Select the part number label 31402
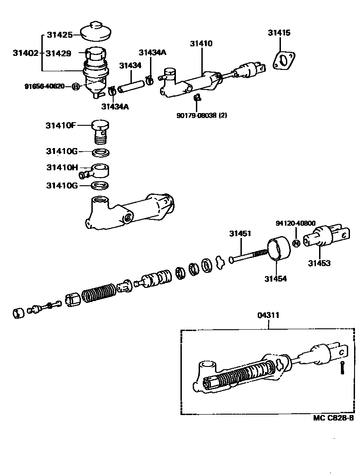[25, 53]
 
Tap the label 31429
[58, 53]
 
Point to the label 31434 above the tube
[130, 66]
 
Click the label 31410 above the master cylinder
[201, 44]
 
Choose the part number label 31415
[279, 33]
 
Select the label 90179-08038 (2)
[201, 115]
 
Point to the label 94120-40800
[294, 223]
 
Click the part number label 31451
[240, 234]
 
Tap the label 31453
[320, 263]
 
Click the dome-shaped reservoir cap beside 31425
[96, 31]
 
